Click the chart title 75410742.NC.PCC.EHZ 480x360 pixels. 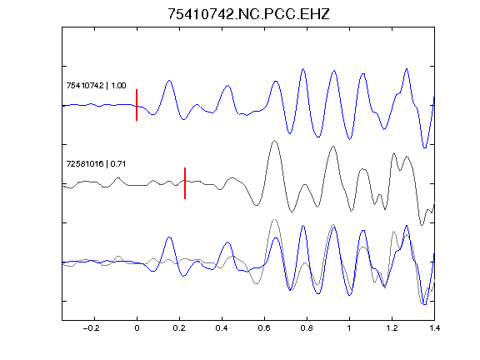click(248, 14)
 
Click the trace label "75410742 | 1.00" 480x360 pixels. click(96, 85)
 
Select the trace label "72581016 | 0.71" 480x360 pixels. click(96, 164)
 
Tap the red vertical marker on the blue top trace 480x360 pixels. click(137, 105)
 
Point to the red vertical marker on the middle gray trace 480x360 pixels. click(185, 183)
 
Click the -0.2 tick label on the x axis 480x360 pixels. click(92, 328)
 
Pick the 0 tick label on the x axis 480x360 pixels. click(137, 328)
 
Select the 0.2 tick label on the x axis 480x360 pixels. click(179, 328)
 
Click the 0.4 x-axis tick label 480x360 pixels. click(222, 328)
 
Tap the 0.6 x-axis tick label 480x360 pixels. click(264, 328)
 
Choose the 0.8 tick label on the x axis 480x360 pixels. click(307, 328)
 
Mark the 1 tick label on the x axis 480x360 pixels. click(349, 328)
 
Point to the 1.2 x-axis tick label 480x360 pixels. click(392, 328)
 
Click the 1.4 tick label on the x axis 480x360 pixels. click(434, 328)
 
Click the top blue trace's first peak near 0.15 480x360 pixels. click(169, 81)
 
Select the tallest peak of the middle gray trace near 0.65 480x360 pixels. click(275, 141)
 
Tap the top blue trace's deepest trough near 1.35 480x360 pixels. click(425, 147)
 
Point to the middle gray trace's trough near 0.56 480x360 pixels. click(257, 205)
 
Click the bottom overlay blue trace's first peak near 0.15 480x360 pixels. click(169, 237)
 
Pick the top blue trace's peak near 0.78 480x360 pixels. click(303, 69)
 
